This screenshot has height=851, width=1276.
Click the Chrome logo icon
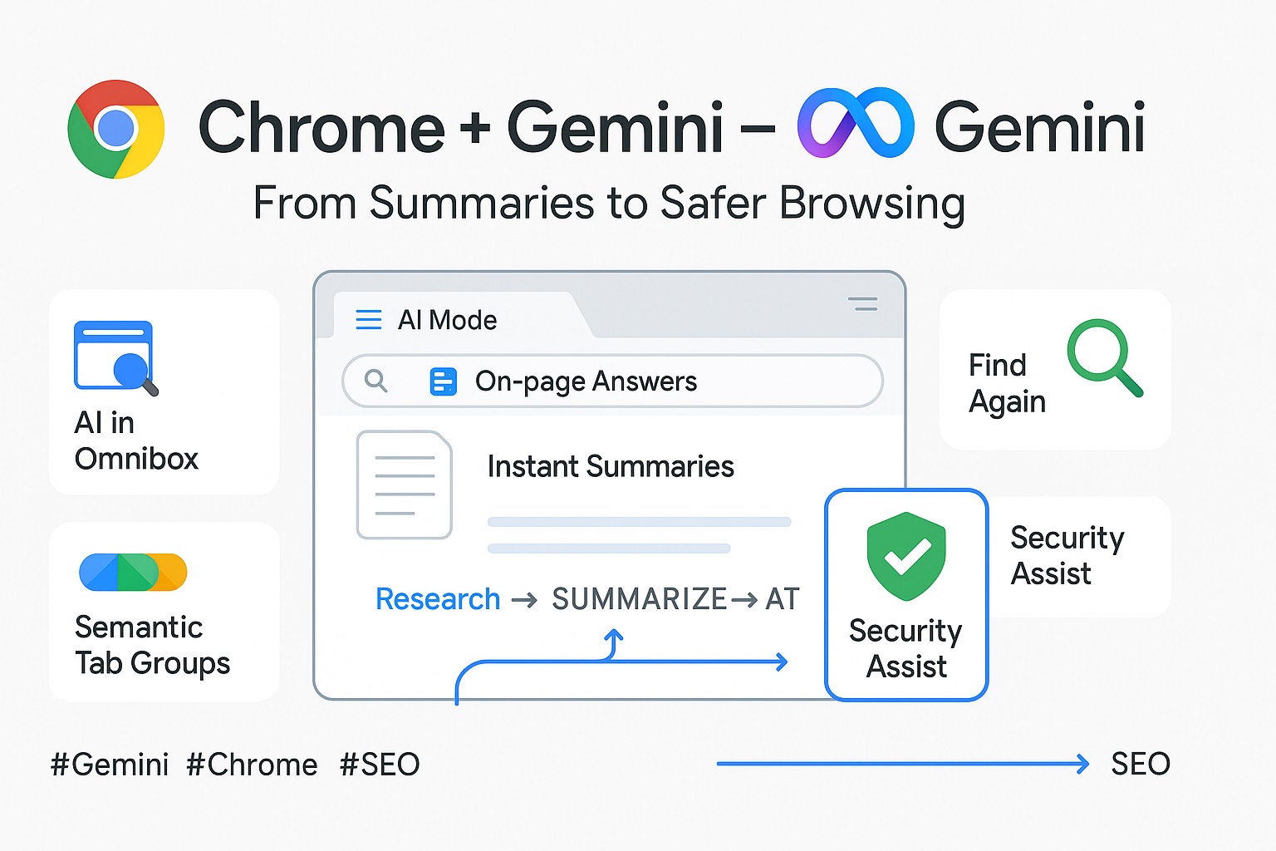116,129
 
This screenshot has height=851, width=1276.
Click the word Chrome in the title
321,127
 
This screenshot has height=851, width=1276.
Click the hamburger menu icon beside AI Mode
368,320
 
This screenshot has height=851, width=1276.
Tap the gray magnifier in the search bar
376,381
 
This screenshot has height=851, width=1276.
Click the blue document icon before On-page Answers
443,381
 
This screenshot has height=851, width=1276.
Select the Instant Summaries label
611,467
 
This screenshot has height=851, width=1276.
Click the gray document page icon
405,485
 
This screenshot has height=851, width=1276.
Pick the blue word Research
438,599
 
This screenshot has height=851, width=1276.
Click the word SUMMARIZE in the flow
640,599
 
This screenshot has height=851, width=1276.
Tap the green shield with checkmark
906,556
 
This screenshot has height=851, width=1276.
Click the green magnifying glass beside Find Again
1104,357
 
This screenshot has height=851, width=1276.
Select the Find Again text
1007,383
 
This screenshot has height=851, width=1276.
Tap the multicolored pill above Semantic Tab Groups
133,572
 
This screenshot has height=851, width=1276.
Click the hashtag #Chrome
252,765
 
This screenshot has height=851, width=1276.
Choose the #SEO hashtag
380,765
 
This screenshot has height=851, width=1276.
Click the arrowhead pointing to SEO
1082,764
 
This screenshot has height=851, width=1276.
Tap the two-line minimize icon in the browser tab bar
863,304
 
